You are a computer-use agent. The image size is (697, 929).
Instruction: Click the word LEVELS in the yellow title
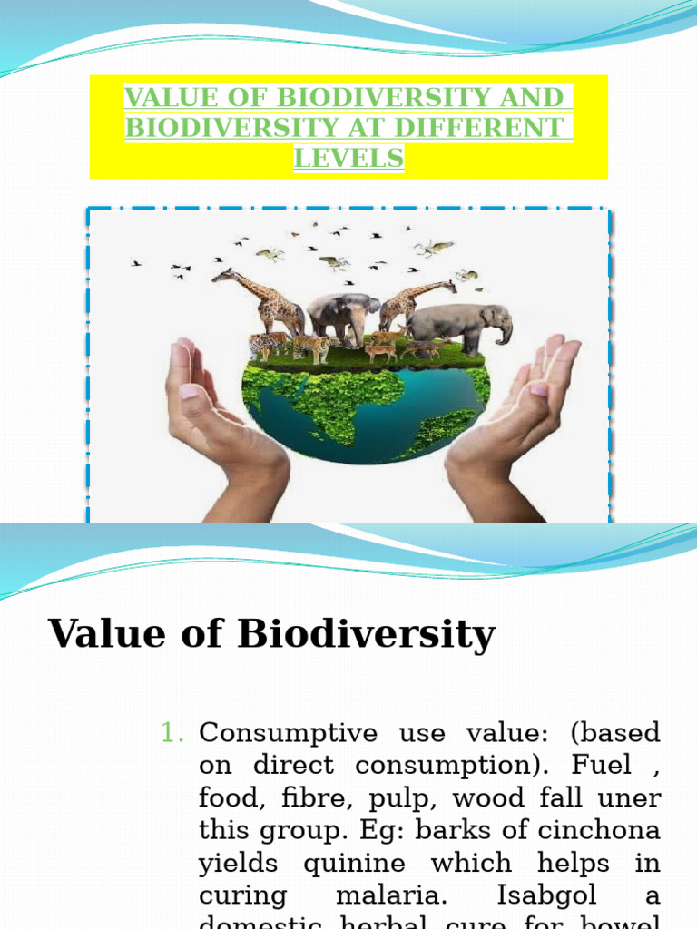[348, 158]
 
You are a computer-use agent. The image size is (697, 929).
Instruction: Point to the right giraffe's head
[447, 286]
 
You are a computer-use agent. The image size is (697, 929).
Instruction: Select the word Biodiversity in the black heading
[367, 634]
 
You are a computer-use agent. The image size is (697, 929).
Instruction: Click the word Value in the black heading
[107, 634]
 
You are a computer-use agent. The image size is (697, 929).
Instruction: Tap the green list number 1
[172, 733]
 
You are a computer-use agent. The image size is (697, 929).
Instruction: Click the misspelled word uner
[633, 798]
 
